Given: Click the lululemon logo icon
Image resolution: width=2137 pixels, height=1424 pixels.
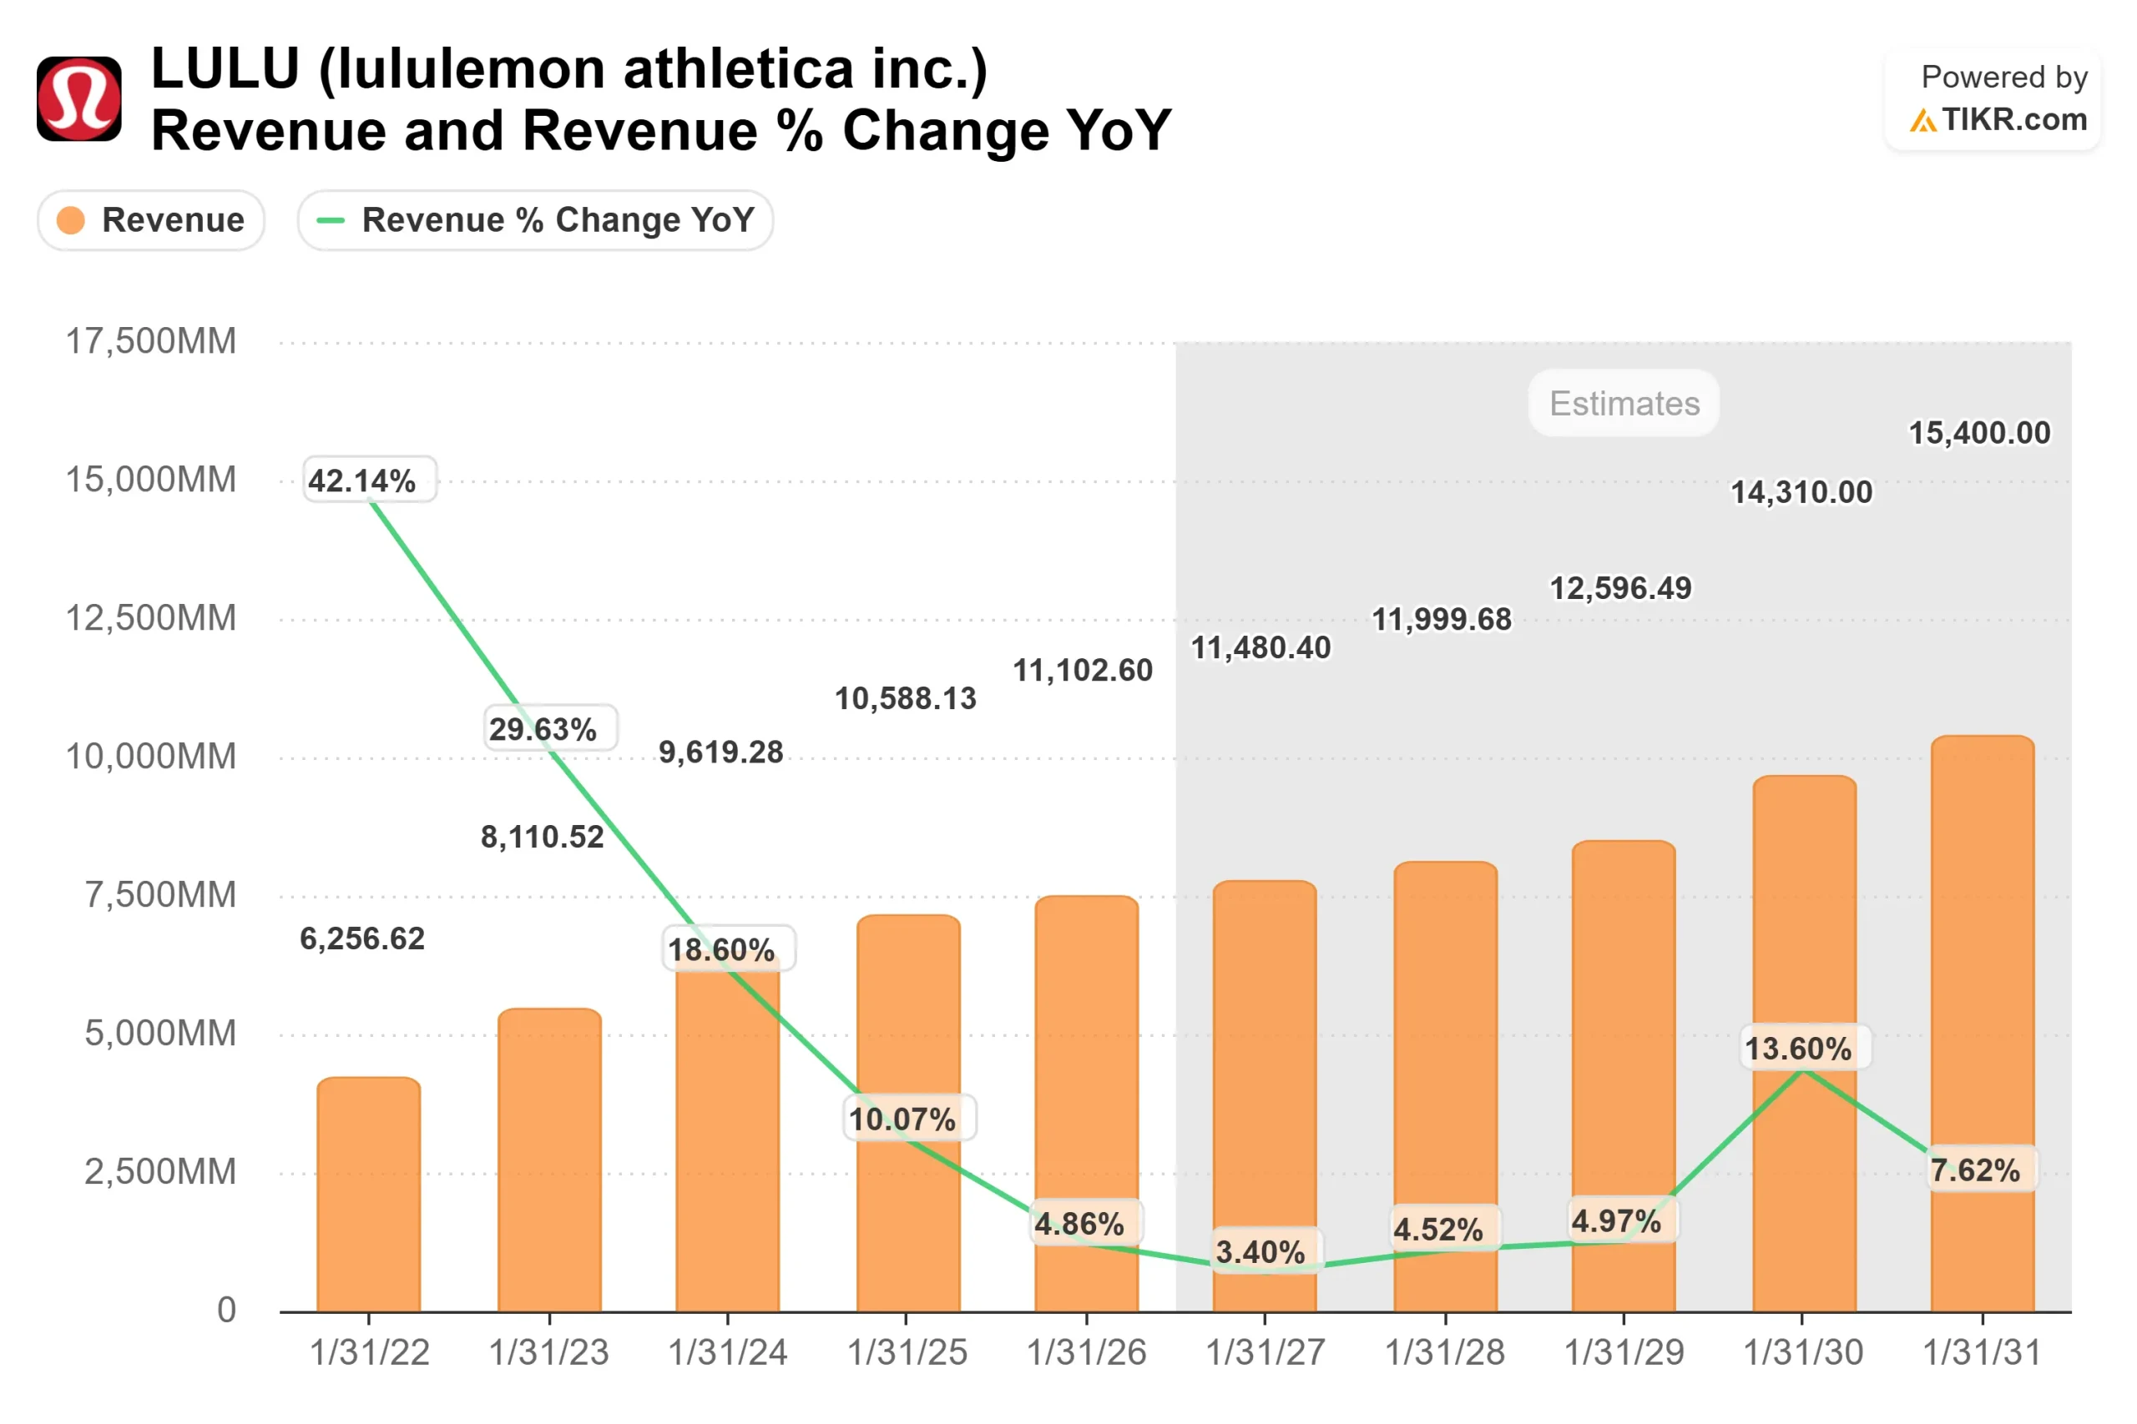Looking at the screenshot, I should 79,99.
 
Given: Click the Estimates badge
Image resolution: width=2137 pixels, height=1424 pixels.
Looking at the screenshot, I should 1624,403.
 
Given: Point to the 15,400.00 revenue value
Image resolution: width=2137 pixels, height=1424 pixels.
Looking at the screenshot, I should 1979,433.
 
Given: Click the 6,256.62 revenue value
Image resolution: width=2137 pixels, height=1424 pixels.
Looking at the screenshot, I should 362,938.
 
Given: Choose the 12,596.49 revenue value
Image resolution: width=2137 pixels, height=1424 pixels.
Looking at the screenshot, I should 1620,588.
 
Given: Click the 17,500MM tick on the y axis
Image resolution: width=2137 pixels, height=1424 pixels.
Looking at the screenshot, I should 151,341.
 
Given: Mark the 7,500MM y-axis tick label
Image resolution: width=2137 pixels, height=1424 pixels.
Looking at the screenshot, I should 160,895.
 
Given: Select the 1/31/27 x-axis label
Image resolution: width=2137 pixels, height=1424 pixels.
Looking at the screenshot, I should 1265,1353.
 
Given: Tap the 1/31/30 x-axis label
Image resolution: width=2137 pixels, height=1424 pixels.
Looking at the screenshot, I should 1802,1353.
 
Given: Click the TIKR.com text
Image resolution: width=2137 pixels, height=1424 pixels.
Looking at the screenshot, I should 2013,119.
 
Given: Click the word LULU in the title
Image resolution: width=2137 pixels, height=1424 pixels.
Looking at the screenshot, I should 225,69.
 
